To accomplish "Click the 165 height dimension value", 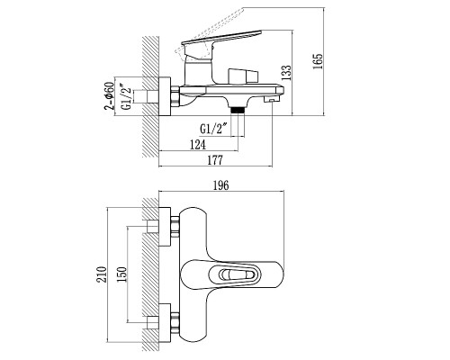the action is pyautogui.click(x=318, y=61).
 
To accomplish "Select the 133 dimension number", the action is pyautogui.click(x=286, y=73).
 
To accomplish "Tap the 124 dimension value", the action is pyautogui.click(x=198, y=145).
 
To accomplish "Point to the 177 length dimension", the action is pyautogui.click(x=215, y=160).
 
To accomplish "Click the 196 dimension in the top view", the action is pyautogui.click(x=220, y=185).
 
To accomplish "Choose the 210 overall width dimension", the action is pyautogui.click(x=103, y=274).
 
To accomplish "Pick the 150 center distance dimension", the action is pyautogui.click(x=121, y=274).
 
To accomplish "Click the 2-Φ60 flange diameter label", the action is pyautogui.click(x=110, y=95).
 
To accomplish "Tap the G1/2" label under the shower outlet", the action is pyautogui.click(x=213, y=129).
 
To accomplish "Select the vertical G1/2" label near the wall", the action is pyautogui.click(x=127, y=96).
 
